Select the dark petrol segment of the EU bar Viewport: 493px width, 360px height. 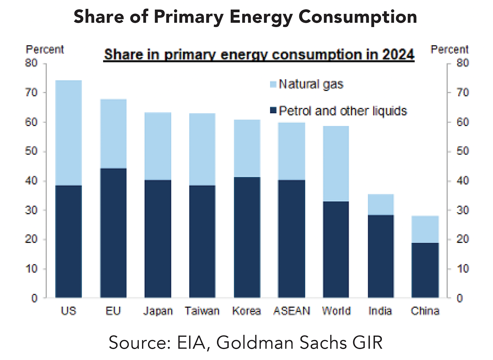click(113, 233)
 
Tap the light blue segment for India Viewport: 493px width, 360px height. click(381, 204)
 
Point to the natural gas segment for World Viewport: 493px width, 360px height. click(336, 164)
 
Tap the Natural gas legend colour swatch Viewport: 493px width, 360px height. click(273, 85)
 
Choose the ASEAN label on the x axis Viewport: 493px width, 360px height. click(292, 311)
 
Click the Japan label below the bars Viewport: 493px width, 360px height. click(158, 311)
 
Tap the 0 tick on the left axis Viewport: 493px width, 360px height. click(34, 298)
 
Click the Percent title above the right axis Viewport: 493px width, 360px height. click(450, 50)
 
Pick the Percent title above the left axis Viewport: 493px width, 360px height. click(45, 50)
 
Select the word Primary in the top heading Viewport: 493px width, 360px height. click(188, 17)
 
